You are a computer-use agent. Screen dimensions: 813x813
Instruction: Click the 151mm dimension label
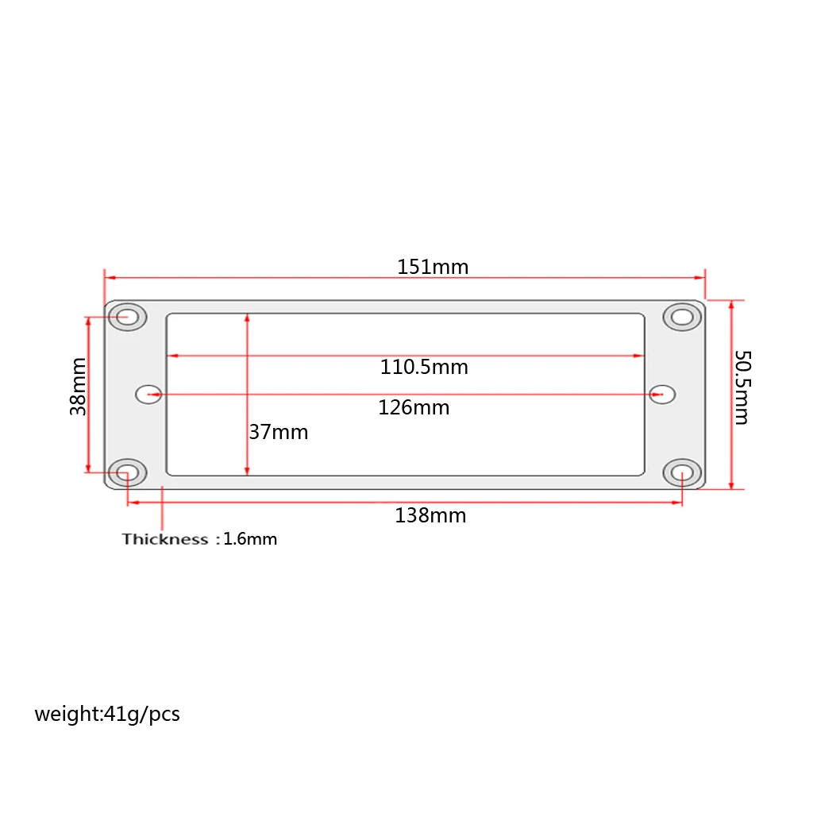coord(433,267)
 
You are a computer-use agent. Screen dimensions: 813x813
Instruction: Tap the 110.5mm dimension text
coord(424,368)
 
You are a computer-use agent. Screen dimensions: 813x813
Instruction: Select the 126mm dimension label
coord(414,407)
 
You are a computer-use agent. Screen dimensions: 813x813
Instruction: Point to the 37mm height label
coord(279,433)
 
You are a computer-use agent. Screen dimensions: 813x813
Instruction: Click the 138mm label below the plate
coord(430,516)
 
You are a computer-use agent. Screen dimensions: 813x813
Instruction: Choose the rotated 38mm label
coord(79,387)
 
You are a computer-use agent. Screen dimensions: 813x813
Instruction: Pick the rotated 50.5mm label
coord(741,387)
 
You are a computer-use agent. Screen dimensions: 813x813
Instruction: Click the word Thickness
coord(164,539)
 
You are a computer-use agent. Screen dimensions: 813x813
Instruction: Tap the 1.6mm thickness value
coord(250,540)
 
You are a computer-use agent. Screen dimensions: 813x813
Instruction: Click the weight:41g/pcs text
coord(107,714)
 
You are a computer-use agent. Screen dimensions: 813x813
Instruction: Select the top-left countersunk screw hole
coord(127,317)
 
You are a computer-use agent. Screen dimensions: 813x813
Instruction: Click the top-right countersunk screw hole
coord(682,318)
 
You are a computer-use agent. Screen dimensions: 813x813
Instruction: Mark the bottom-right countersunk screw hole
coord(682,473)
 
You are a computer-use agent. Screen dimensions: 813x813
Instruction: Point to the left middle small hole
coord(148,394)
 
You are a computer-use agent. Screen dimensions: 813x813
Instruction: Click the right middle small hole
coord(661,394)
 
